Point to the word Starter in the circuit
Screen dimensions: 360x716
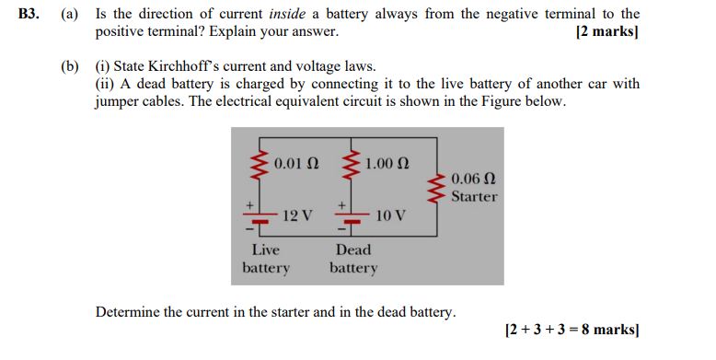[x=475, y=196]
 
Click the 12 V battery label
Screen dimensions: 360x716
[x=296, y=215]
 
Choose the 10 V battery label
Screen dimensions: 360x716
[x=390, y=215]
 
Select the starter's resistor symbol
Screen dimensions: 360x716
[x=438, y=188]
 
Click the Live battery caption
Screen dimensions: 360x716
[x=266, y=259]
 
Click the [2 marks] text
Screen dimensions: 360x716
[x=606, y=32]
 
